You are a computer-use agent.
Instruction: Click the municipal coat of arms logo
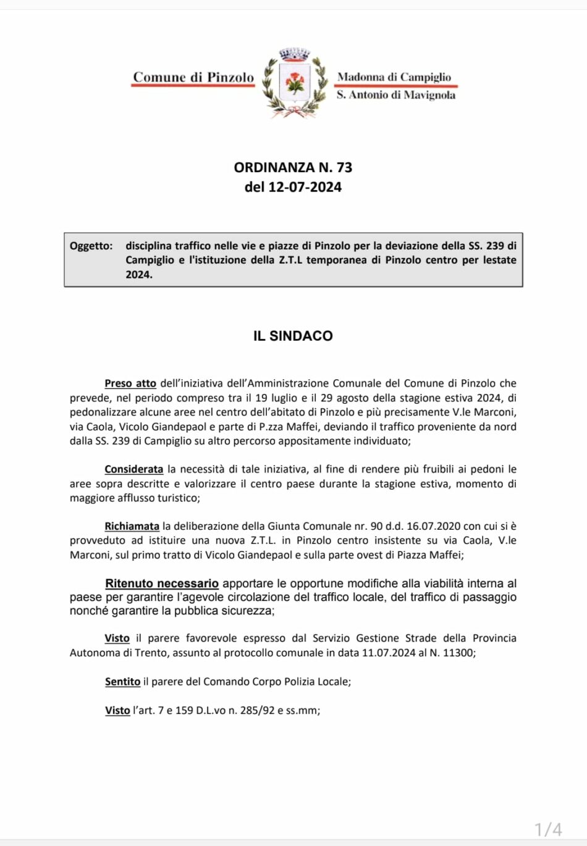tap(295, 83)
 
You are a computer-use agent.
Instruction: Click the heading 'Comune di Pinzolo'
tap(193, 77)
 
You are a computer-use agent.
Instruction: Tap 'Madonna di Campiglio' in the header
tap(394, 77)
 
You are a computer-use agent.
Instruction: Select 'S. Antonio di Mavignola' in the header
tap(396, 94)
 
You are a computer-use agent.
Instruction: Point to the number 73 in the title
tap(344, 167)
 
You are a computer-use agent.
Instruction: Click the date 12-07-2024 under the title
tap(305, 187)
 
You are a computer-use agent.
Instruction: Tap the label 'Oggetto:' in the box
tap(91, 246)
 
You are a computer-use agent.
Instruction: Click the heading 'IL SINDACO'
tap(293, 336)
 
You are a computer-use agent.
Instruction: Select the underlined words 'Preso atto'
tap(130, 383)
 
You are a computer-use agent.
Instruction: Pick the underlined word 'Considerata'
tap(133, 469)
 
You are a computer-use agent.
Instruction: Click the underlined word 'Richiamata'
tap(132, 526)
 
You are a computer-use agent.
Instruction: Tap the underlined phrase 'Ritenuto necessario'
tap(162, 584)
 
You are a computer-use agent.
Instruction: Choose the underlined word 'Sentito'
tap(122, 682)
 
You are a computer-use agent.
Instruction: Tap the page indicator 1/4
tap(548, 829)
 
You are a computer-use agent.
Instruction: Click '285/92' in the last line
tap(258, 710)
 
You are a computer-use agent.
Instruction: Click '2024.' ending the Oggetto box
tap(139, 275)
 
